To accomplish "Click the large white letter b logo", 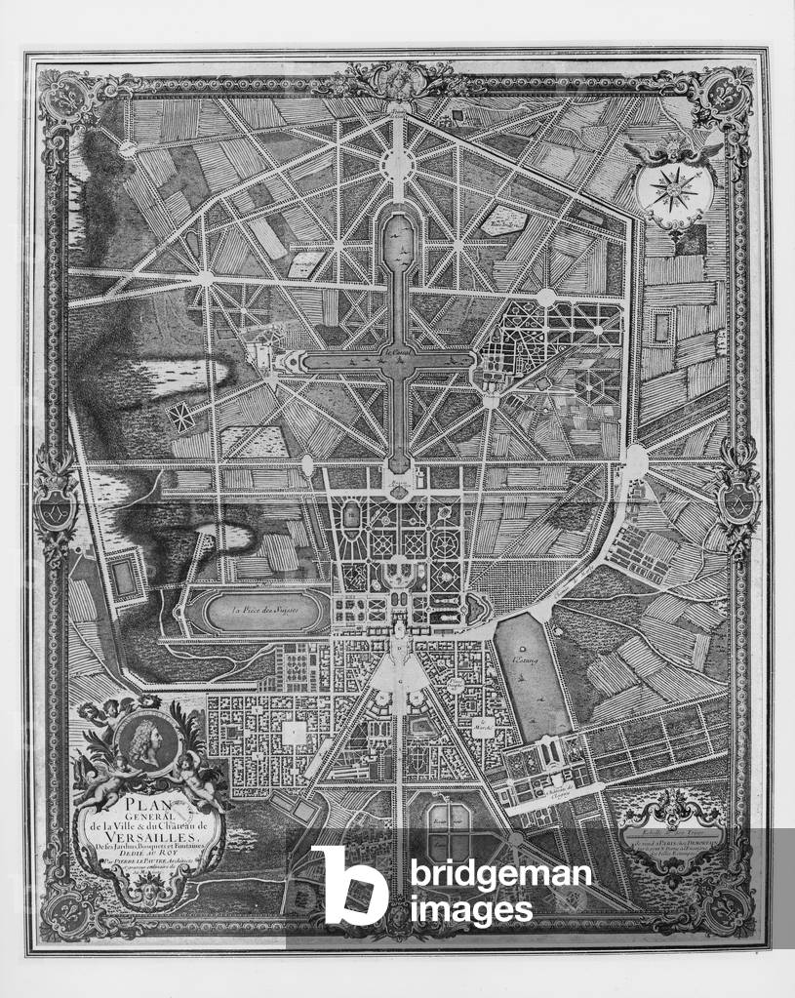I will pyautogui.click(x=348, y=884).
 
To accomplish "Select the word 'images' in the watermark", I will pyautogui.click(x=471, y=909).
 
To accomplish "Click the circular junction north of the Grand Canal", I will pyautogui.click(x=397, y=165).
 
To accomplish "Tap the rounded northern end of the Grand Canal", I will pyautogui.click(x=397, y=229).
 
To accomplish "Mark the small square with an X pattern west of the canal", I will pyautogui.click(x=180, y=418).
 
